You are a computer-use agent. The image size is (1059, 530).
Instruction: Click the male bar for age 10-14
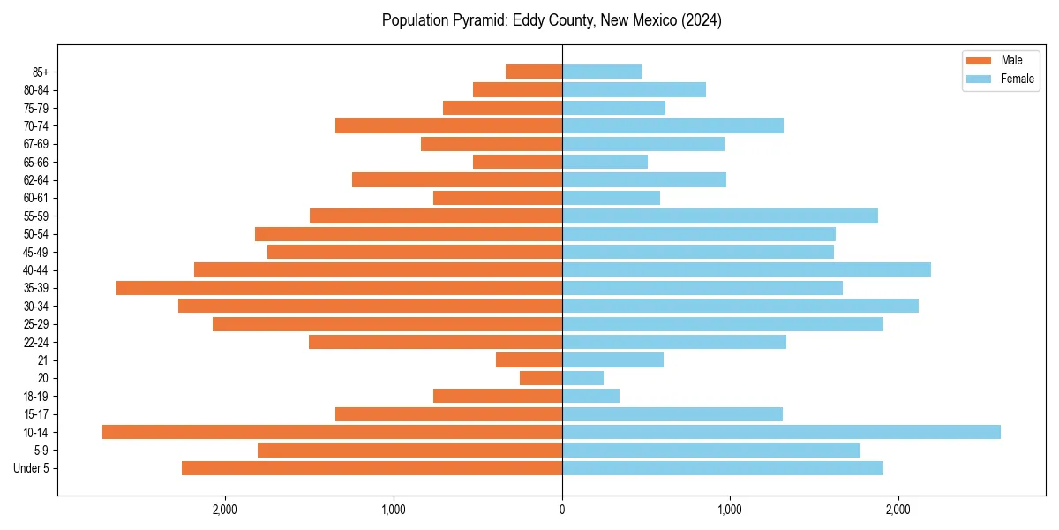pyautogui.click(x=332, y=432)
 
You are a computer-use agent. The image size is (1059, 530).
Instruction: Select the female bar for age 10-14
pyautogui.click(x=781, y=432)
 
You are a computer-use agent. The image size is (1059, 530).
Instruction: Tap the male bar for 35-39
pyautogui.click(x=339, y=288)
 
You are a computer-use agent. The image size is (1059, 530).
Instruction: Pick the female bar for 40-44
pyautogui.click(x=747, y=269)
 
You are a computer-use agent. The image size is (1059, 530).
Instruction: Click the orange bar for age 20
pyautogui.click(x=541, y=378)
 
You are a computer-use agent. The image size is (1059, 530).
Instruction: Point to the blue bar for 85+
pyautogui.click(x=602, y=72)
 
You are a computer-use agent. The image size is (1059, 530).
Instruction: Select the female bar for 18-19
pyautogui.click(x=590, y=396)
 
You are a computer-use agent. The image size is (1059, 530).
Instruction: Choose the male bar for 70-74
pyautogui.click(x=448, y=125)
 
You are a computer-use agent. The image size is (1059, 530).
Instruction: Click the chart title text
pyautogui.click(x=552, y=20)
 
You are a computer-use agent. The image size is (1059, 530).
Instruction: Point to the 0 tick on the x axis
pyautogui.click(x=562, y=510)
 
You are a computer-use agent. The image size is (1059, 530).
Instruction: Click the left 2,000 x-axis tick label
pyautogui.click(x=225, y=510)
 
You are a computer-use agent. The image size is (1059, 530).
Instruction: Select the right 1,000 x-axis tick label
pyautogui.click(x=730, y=510)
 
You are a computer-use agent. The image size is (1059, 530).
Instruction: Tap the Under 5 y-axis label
pyautogui.click(x=32, y=468)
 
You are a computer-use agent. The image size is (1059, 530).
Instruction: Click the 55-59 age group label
pyautogui.click(x=36, y=216)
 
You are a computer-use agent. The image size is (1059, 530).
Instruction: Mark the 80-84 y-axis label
pyautogui.click(x=36, y=89)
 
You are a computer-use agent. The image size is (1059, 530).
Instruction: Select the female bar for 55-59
pyautogui.click(x=720, y=216)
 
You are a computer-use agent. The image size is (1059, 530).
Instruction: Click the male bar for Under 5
pyautogui.click(x=372, y=468)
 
